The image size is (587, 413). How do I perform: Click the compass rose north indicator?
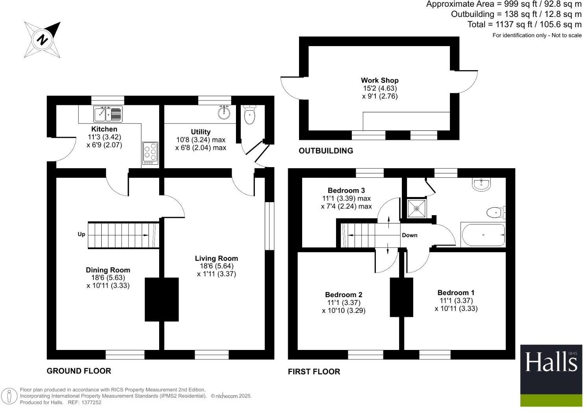[x=43, y=39]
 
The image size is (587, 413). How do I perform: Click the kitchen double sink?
[x=108, y=114]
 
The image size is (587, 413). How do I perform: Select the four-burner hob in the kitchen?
[x=150, y=153]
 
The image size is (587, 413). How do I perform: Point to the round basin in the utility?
[x=224, y=113]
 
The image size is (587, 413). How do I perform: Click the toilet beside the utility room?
[x=250, y=115]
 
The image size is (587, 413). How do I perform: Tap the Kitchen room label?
[x=104, y=129]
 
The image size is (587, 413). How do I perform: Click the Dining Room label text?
[x=108, y=270]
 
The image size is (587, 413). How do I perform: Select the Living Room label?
[x=216, y=259]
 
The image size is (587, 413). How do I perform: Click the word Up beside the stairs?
[x=81, y=234]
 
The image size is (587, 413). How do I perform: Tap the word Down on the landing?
[x=409, y=235]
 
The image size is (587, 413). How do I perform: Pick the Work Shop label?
[x=380, y=80]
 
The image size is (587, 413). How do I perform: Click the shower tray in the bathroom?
[x=416, y=208]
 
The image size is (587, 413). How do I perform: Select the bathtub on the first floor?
[x=483, y=235]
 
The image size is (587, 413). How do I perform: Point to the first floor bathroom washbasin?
[x=481, y=184]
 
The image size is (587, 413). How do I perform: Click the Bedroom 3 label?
[x=346, y=191]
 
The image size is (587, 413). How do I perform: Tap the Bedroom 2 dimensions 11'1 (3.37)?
[x=344, y=303]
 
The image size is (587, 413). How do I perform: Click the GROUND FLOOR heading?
[x=79, y=371]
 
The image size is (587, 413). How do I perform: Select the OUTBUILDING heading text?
[x=326, y=151]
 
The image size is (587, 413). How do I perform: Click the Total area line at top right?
[x=524, y=24]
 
